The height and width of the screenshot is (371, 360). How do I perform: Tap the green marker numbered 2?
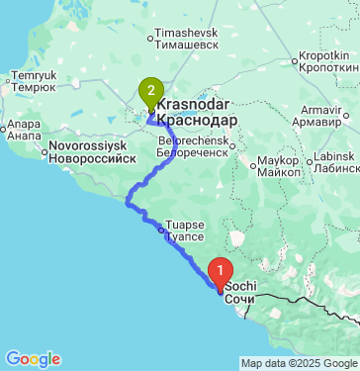point(150,93)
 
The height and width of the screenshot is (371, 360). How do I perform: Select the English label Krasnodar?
point(195,104)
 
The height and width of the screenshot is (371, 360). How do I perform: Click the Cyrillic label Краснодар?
point(197,119)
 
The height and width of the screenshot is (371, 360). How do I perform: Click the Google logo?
point(32,359)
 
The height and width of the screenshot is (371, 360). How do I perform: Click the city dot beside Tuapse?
point(162,230)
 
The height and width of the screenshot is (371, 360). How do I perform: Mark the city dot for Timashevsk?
point(149,41)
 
